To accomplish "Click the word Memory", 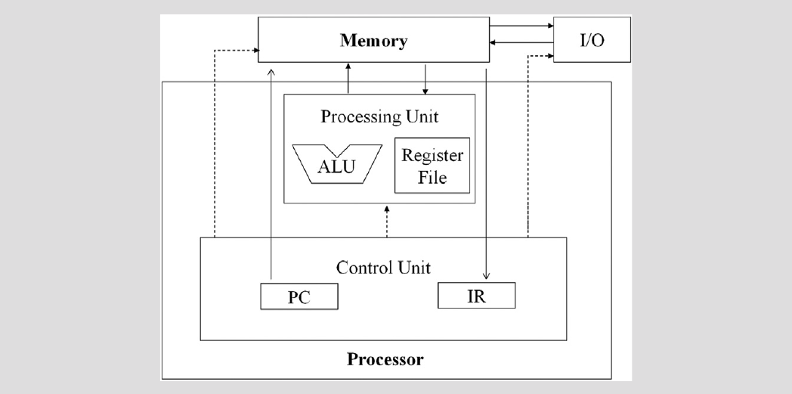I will pos(373,40).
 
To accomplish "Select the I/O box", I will pos(591,40).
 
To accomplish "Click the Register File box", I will pos(433,166).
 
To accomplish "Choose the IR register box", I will pos(476,295).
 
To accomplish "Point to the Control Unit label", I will pos(383,267).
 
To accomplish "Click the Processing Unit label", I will pos(379,117).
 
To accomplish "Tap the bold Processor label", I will pos(385,358).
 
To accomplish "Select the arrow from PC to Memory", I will pos(271,174).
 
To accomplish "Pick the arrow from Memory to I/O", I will pos(521,26).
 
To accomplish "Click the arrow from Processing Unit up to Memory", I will pos(348,79).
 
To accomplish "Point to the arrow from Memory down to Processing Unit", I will pos(426,80).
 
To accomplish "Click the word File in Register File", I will pos(433,179).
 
